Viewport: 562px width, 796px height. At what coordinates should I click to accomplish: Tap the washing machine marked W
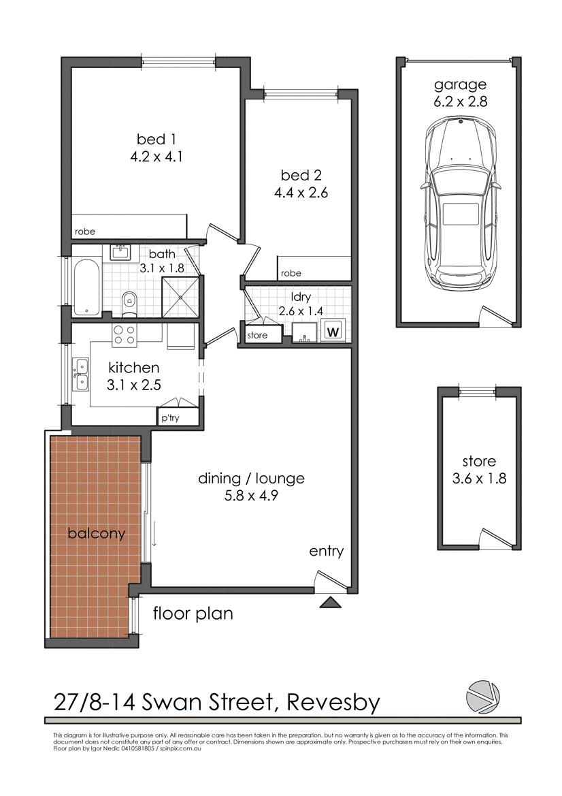click(x=333, y=332)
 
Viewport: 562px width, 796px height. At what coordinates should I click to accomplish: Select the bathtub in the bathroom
click(x=86, y=287)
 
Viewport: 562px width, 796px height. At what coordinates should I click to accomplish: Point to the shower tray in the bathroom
click(x=181, y=296)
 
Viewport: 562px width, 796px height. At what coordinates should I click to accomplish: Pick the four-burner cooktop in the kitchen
click(x=124, y=334)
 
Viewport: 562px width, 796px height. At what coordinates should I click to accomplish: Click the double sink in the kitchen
click(x=81, y=375)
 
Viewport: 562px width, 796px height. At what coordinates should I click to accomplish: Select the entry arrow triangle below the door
click(x=330, y=601)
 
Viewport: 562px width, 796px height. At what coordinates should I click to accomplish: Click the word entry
click(x=327, y=552)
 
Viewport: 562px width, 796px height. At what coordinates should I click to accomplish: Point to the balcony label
click(x=97, y=533)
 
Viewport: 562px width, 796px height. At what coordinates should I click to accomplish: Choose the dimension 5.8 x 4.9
click(x=251, y=496)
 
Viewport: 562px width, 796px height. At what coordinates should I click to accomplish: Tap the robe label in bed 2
click(x=291, y=273)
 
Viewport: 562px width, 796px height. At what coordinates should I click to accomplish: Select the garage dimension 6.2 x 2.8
click(x=461, y=103)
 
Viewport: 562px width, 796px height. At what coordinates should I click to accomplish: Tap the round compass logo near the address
click(x=483, y=695)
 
